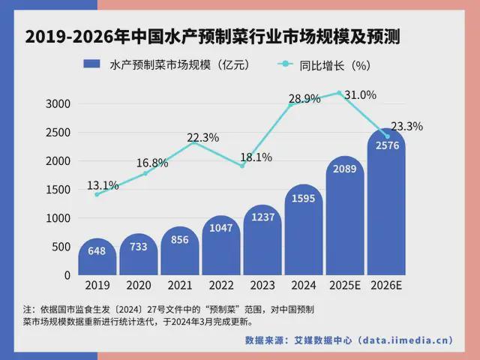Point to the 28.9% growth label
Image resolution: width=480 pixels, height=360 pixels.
305,98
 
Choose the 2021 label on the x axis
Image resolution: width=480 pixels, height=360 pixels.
180,286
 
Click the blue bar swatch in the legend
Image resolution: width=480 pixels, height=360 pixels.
91,65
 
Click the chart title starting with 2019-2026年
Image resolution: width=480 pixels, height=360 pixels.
240,37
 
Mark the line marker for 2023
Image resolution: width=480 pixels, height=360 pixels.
242,166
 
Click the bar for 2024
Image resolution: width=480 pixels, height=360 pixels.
304,232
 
